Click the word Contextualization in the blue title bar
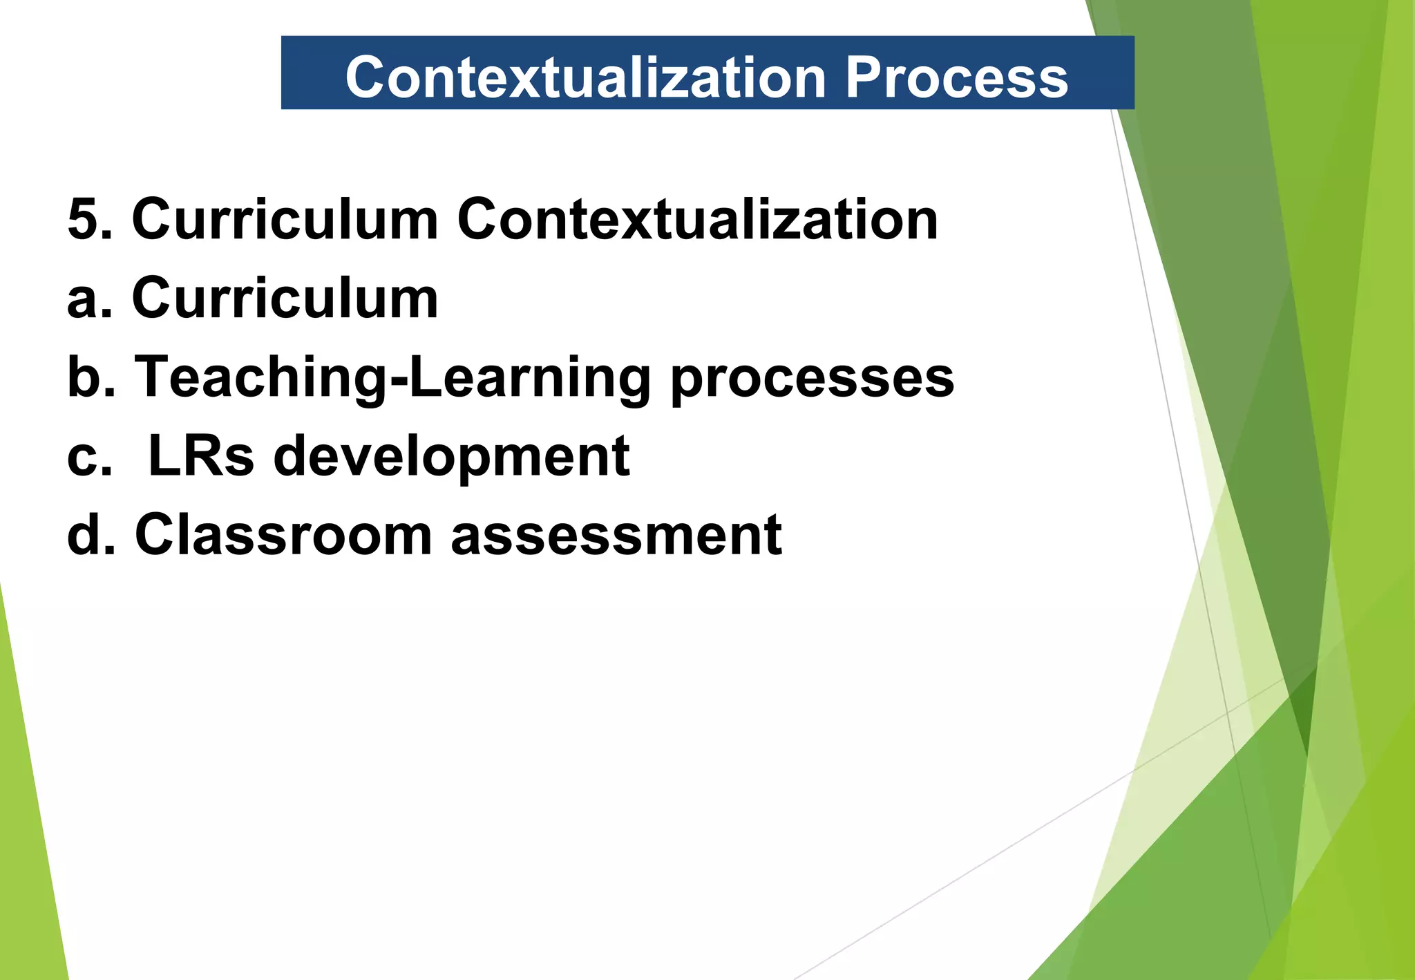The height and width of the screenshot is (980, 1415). pos(586,77)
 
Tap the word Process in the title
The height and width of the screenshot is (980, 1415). pos(957,77)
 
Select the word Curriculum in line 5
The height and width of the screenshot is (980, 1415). pos(285,220)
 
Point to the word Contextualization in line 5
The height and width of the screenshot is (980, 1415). pos(698,220)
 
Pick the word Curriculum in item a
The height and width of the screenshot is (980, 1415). pos(285,299)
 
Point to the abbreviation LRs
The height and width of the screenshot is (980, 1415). pos(201,456)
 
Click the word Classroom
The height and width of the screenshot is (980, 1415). pos(283,534)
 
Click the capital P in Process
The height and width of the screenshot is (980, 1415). pos(866,77)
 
